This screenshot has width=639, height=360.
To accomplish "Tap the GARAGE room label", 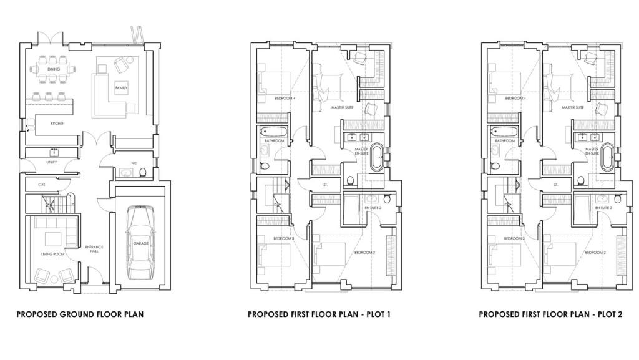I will [141, 243].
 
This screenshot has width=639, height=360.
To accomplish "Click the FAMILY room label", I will [121, 89].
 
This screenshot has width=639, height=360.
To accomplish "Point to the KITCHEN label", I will [57, 124].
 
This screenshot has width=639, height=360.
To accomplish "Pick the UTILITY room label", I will [51, 162].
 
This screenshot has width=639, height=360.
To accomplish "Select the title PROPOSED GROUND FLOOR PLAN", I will [80, 314].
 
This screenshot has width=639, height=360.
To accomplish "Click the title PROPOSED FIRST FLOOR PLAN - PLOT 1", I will [319, 314].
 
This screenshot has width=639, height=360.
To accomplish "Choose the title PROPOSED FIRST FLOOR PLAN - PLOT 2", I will [550, 314].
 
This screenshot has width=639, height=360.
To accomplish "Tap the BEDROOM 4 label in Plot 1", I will [285, 99].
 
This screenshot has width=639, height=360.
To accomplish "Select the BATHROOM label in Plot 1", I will [275, 141].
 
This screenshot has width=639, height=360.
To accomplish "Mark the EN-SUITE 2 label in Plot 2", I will [603, 207].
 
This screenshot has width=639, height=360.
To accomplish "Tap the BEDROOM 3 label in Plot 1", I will [284, 238].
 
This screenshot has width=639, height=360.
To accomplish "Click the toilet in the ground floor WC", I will [144, 172].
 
